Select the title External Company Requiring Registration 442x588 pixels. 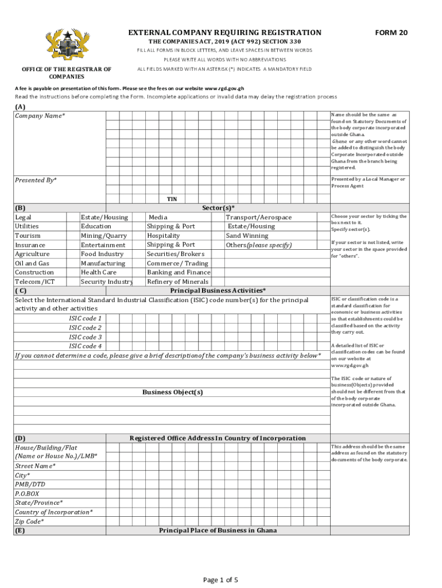pos(224,33)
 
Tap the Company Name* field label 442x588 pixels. pos(40,116)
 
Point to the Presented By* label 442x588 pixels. pos(36,180)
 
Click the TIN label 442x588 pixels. pos(172,199)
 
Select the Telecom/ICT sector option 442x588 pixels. pos(34,281)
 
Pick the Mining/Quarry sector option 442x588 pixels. pos(104,235)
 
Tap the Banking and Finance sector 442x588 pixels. pos(179,272)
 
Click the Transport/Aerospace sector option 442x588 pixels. pos(258,217)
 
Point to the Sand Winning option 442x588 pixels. pos(247,235)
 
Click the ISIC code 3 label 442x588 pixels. pos(86,337)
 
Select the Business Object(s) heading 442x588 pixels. pos(172,392)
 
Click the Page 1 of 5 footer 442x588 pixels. pos(220,579)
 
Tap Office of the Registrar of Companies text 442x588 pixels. pos(67,73)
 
